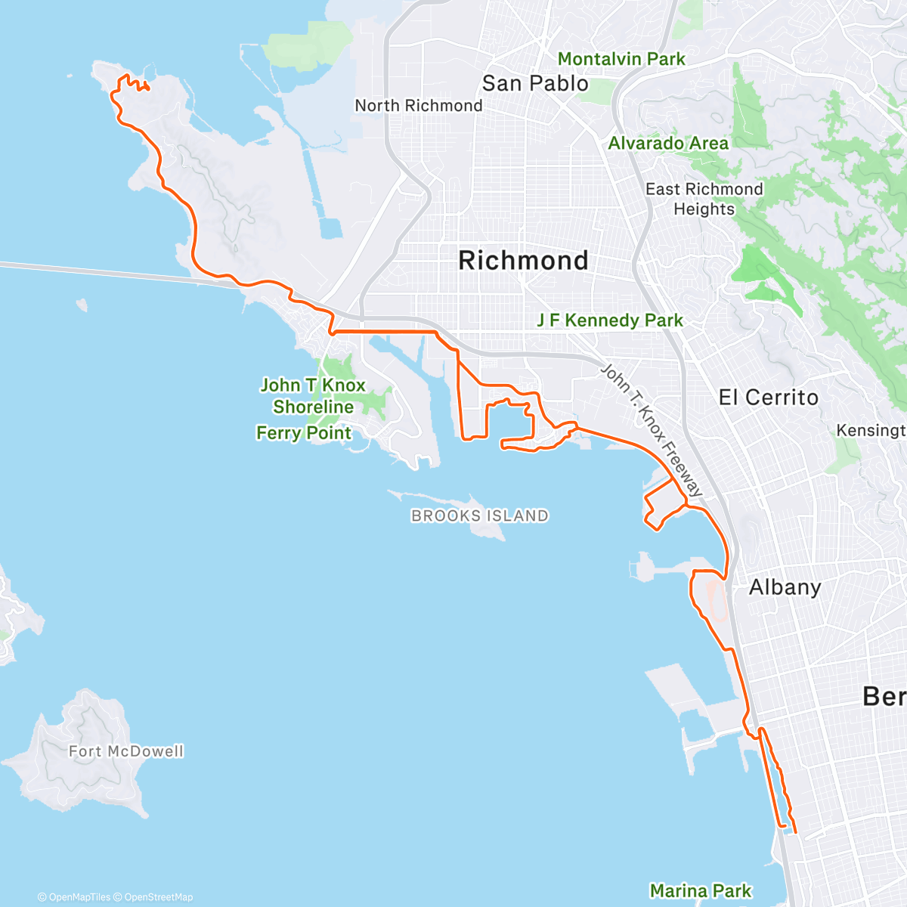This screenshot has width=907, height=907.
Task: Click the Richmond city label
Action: pos(523,261)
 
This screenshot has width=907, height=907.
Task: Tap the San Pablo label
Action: pos(535,83)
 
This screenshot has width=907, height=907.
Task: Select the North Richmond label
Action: pos(419,106)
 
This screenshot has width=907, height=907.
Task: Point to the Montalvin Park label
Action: pos(621,59)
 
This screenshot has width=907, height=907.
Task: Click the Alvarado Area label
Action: pos(668,144)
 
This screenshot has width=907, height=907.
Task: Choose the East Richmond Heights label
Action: pos(704,199)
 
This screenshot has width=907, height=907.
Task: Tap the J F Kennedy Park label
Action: pos(610,320)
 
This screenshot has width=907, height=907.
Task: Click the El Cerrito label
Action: pos(768,398)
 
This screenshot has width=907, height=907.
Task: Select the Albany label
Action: pos(785,587)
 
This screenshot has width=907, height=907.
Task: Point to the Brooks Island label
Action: pos(480,516)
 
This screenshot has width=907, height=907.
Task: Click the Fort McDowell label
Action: pos(126,751)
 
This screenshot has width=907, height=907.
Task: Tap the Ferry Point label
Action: pos(304,433)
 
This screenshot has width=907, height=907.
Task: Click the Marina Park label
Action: pos(701,891)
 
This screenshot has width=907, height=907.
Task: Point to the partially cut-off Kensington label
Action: pos(871,430)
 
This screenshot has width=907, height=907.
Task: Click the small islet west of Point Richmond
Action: pos(82,305)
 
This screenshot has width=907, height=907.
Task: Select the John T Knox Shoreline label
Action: pos(313,396)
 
